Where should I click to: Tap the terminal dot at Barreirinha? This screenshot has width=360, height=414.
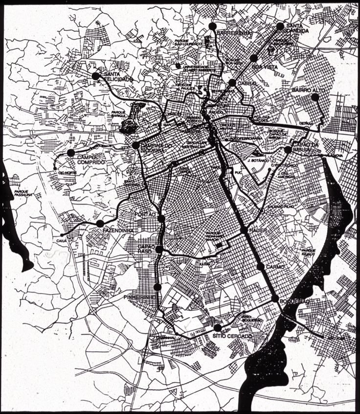click(212, 25)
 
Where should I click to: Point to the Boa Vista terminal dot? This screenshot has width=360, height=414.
click(253, 58)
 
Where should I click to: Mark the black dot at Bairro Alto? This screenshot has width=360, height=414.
click(315, 97)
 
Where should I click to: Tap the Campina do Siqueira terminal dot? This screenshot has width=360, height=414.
click(135, 145)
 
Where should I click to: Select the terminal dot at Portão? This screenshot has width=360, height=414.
click(161, 219)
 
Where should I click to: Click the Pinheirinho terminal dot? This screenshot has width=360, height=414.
click(157, 287)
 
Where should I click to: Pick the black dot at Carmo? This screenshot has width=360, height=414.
click(261, 267)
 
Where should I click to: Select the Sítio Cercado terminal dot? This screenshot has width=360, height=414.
click(217, 327)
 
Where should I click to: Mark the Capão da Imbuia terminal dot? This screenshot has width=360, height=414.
click(288, 149)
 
